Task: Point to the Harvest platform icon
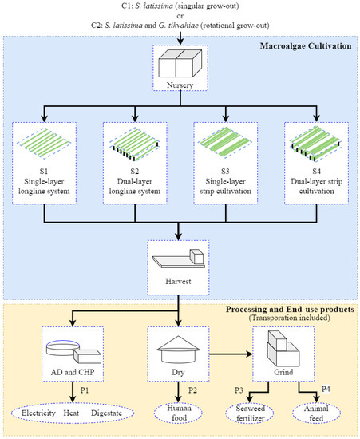click(x=180, y=258)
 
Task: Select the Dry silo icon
click(x=180, y=348)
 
